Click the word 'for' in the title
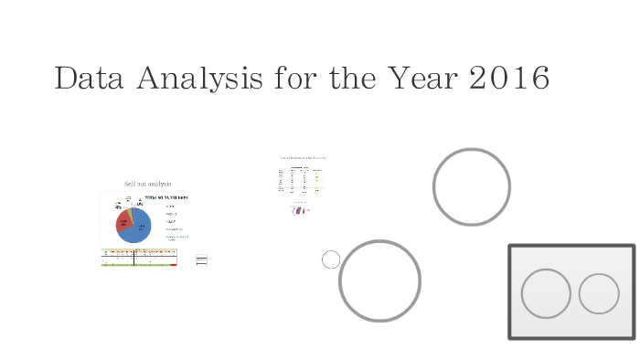click(293, 79)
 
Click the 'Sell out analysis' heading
click(147, 184)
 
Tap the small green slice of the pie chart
click(131, 212)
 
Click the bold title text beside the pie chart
click(165, 197)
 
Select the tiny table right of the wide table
click(201, 259)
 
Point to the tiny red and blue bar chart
click(299, 209)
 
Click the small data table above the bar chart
click(301, 179)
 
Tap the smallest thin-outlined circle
click(331, 259)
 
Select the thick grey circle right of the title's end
click(471, 186)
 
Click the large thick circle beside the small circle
click(379, 281)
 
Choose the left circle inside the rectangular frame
click(546, 293)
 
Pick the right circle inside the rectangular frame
click(599, 293)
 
